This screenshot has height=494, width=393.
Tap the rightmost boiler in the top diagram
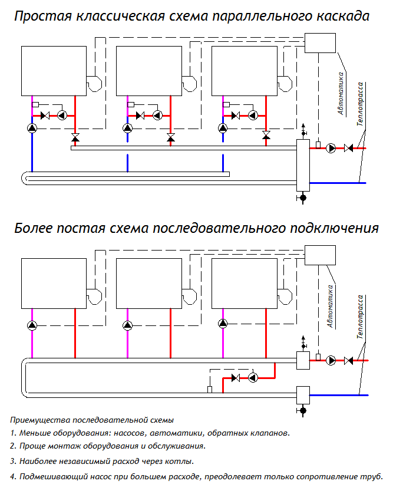(245, 71)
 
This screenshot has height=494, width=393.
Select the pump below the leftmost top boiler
(32, 128)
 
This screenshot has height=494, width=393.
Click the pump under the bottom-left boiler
(32, 325)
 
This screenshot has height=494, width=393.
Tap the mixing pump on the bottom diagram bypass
(253, 377)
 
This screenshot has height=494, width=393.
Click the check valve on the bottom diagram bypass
(236, 377)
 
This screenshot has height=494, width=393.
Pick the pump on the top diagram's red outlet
(332, 148)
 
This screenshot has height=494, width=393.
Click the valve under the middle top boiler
(171, 138)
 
